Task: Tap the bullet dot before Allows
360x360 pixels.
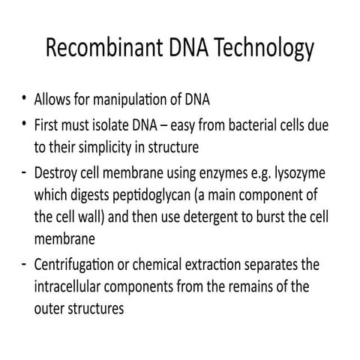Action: click(x=25, y=100)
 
